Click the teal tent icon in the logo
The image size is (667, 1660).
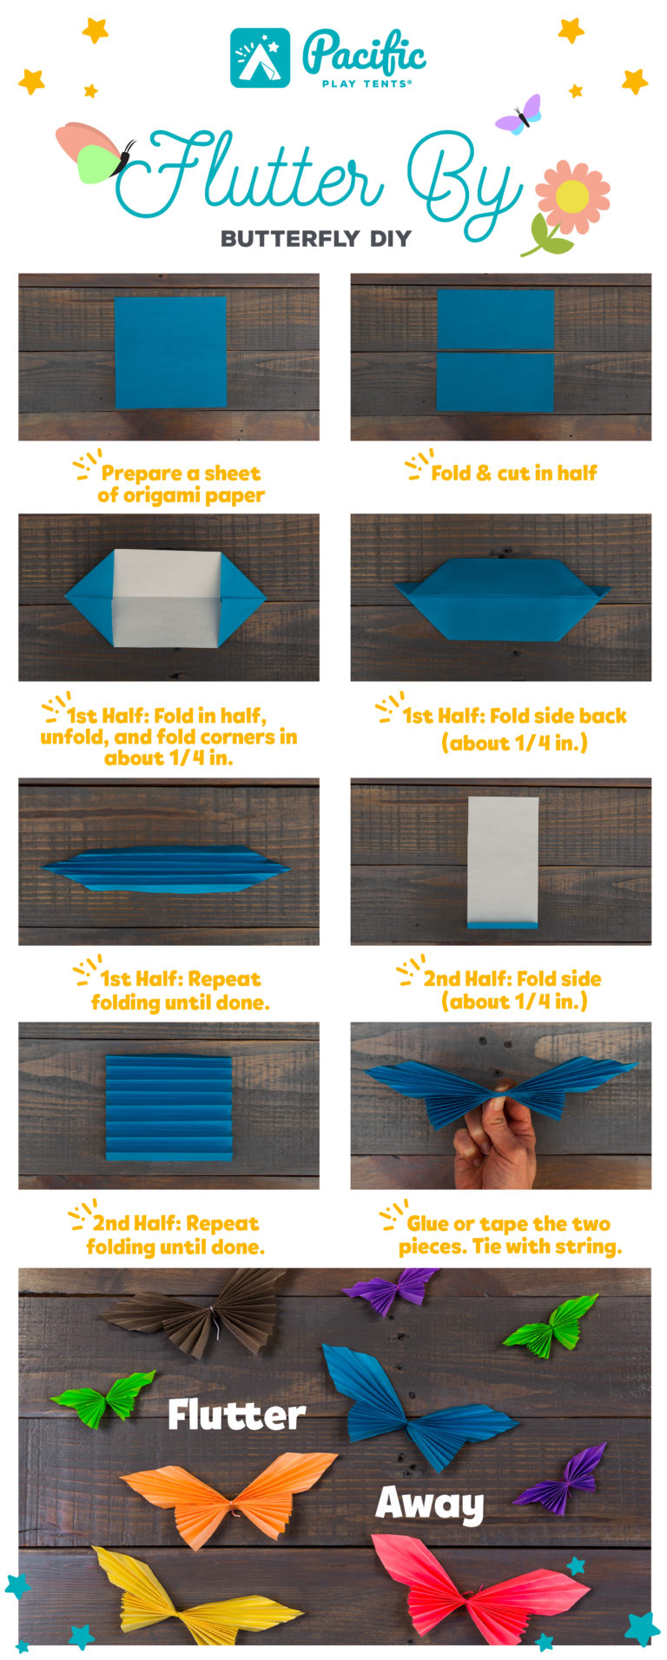pyautogui.click(x=260, y=58)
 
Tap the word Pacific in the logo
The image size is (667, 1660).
pyautogui.click(x=364, y=54)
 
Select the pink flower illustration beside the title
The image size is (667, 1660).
pyautogui.click(x=571, y=198)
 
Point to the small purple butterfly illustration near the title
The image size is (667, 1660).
pyautogui.click(x=518, y=116)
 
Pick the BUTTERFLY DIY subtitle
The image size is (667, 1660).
pyautogui.click(x=315, y=239)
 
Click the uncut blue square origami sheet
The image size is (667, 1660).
pyautogui.click(x=170, y=353)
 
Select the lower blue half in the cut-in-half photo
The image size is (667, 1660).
pyautogui.click(x=495, y=381)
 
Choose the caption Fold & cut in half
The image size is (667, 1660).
pyautogui.click(x=512, y=473)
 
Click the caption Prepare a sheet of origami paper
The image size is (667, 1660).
pyautogui.click(x=180, y=485)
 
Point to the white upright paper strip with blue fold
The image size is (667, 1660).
pyautogui.click(x=503, y=860)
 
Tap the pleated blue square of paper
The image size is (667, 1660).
pyautogui.click(x=169, y=1108)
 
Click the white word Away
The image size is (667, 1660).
pyautogui.click(x=430, y=1504)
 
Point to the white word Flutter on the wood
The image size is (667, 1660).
pyautogui.click(x=236, y=1415)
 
